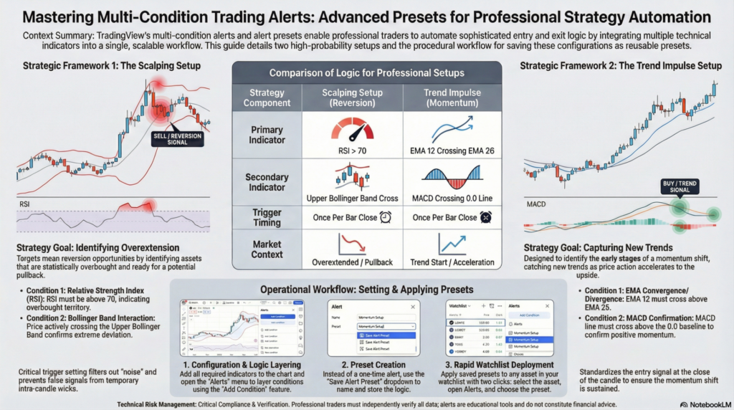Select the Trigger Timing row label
click(267, 217)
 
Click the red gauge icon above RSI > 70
click(353, 130)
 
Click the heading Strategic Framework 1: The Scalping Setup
click(108, 66)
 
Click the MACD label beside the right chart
click(536, 204)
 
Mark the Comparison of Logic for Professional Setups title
click(366, 73)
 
